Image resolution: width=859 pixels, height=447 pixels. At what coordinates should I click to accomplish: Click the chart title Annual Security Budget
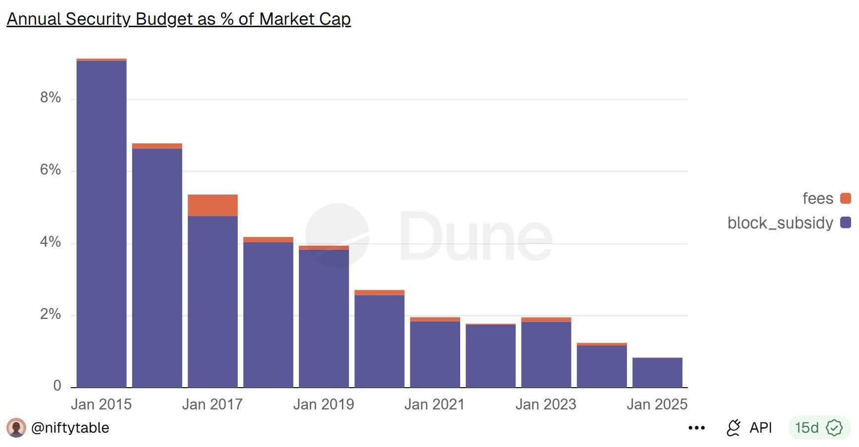click(179, 19)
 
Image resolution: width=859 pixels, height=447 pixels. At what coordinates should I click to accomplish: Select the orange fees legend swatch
click(846, 198)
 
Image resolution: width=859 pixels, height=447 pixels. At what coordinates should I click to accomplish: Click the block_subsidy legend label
click(780, 223)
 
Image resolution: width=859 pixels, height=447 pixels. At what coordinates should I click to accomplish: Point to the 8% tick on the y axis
click(50, 97)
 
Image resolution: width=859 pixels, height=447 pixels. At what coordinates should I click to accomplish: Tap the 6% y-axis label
click(50, 170)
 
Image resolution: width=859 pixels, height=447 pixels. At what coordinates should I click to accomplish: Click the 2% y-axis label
click(50, 314)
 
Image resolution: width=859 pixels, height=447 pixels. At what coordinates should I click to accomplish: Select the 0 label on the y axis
click(57, 386)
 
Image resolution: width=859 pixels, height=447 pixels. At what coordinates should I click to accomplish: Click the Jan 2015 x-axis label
click(101, 404)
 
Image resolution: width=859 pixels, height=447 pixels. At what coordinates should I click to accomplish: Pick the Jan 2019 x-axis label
click(324, 404)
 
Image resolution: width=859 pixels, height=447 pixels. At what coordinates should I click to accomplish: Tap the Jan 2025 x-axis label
click(657, 404)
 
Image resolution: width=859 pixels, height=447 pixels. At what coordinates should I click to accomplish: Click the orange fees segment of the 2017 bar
click(212, 205)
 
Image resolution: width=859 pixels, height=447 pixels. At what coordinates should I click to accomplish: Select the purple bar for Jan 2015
click(101, 223)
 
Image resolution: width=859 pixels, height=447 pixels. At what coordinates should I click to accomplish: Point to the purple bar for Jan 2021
click(435, 354)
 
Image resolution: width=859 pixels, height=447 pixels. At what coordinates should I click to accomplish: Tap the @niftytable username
click(70, 428)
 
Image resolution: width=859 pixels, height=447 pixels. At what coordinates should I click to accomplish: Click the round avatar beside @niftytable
click(16, 428)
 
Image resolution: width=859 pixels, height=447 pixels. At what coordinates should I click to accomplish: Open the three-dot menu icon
click(696, 428)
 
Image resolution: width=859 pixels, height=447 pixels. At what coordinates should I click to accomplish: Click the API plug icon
click(733, 428)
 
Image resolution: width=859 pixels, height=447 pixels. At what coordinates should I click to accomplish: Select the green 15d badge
click(818, 428)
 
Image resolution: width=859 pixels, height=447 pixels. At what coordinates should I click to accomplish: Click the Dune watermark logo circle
click(337, 235)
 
